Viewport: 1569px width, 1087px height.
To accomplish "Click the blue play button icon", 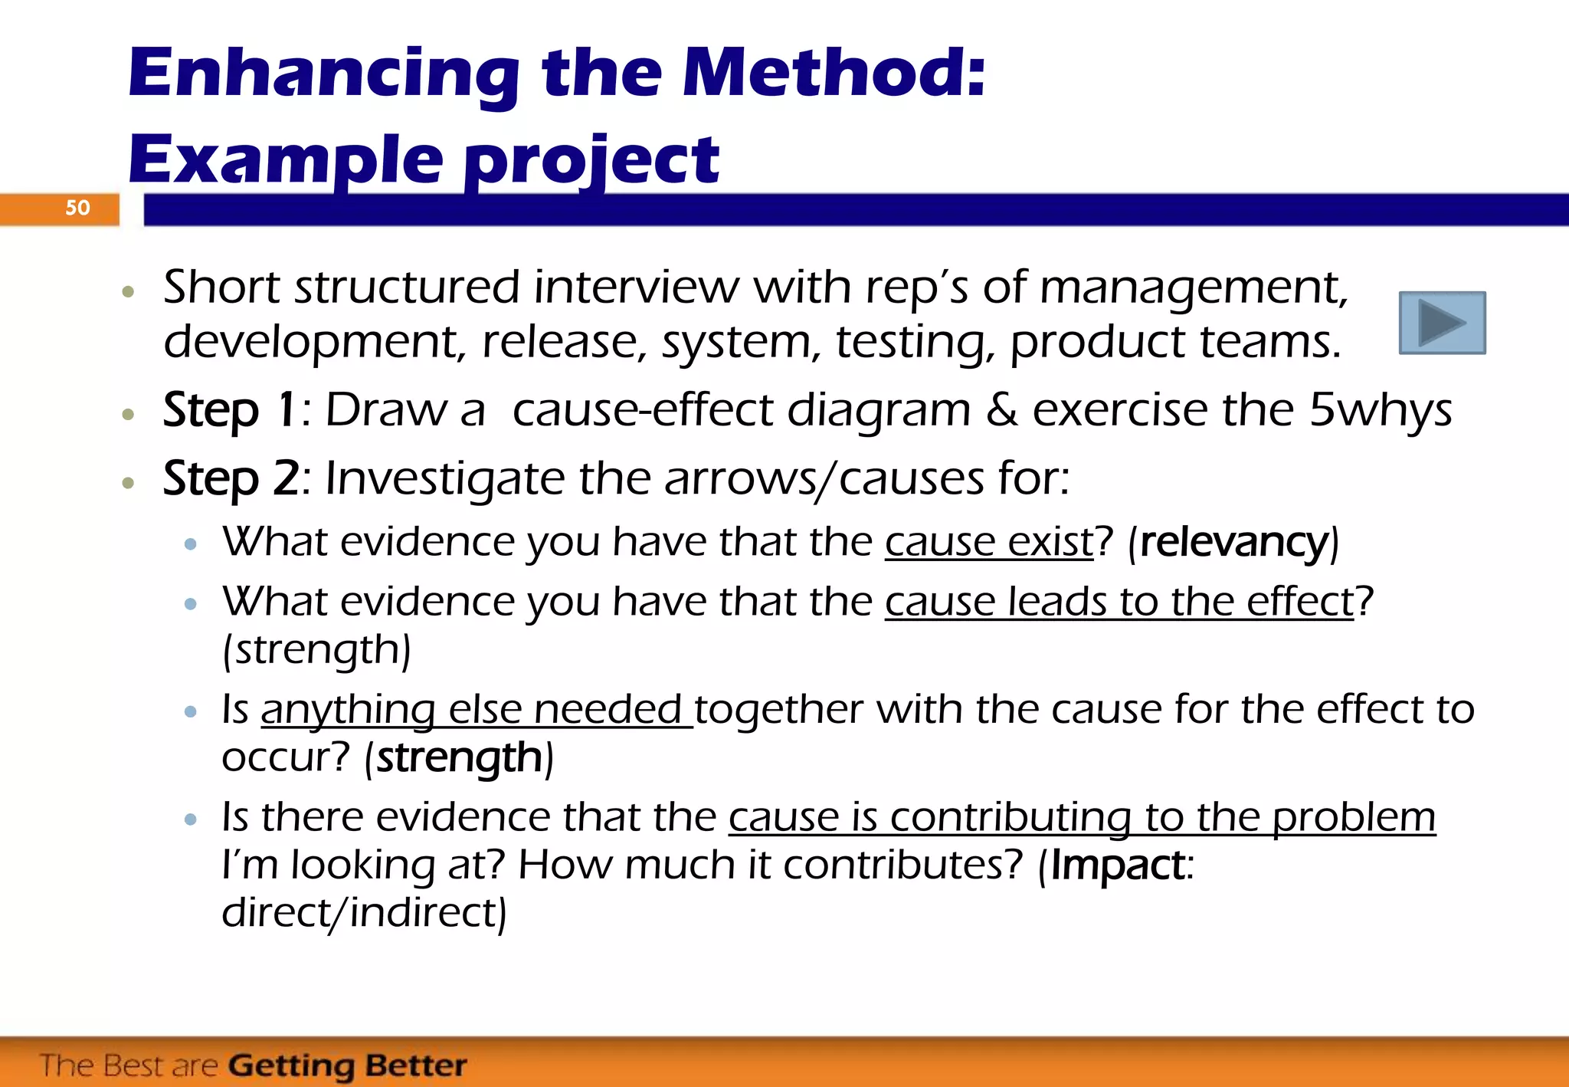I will click(1442, 323).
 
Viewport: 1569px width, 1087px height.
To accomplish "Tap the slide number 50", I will click(77, 208).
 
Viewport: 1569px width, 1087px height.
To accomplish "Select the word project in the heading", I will click(591, 161).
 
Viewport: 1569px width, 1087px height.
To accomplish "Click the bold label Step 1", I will click(229, 409).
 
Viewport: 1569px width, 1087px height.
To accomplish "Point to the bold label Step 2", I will click(231, 478).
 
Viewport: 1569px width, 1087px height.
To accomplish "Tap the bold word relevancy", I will click(1233, 542).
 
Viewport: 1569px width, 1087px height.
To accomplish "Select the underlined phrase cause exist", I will click(989, 542).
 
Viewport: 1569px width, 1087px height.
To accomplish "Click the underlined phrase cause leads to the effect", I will click(1119, 602).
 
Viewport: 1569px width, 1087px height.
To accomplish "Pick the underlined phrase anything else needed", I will click(476, 709).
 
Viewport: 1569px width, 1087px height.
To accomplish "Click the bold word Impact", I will click(1118, 865).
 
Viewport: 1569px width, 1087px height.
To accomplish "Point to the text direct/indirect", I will click(363, 912).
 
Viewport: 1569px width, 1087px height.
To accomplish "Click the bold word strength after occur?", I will click(460, 757).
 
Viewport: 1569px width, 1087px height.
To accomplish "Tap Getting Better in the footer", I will click(347, 1066).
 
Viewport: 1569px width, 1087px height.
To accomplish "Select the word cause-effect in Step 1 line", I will click(642, 410).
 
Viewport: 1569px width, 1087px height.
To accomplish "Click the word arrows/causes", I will click(824, 479).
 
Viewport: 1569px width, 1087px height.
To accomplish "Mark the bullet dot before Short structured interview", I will click(129, 292).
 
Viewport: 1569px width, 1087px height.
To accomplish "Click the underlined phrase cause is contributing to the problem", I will click(1082, 817).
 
